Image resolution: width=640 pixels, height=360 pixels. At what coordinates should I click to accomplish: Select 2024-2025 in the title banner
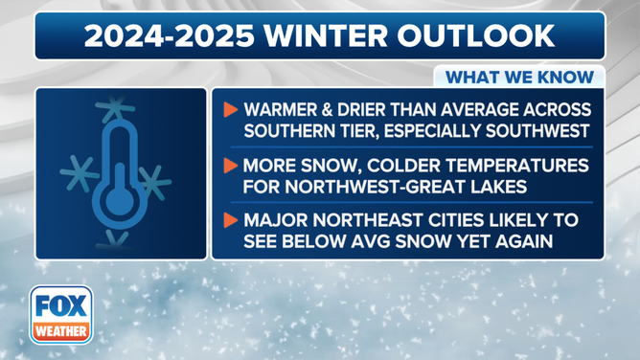pos(160,36)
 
